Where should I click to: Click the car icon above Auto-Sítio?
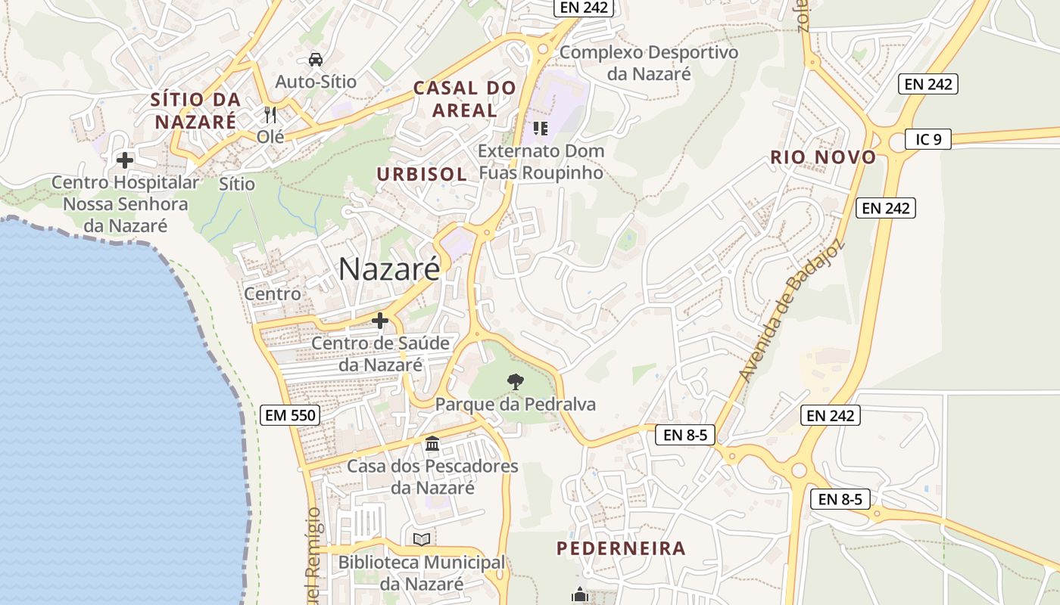[x=315, y=59]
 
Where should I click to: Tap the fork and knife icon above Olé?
[x=270, y=115]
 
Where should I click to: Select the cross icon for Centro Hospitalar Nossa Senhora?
[x=125, y=160]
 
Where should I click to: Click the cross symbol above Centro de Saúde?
[x=380, y=321]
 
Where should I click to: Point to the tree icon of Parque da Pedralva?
[x=516, y=381]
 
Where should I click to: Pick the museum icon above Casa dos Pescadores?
[x=432, y=443]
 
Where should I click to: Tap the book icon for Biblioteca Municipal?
[x=422, y=539]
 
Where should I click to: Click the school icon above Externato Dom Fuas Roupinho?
[x=540, y=128]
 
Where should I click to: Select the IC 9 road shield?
[x=927, y=139]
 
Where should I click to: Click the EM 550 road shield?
[x=290, y=414]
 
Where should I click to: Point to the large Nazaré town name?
[x=388, y=268]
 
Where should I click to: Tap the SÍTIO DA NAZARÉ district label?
[x=195, y=110]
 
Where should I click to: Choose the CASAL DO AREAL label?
[x=464, y=99]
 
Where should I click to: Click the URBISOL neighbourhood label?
[x=422, y=174]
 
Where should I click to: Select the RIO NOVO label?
[x=823, y=157]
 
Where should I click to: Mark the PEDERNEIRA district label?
[x=621, y=548]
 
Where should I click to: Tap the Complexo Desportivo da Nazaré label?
[x=648, y=63]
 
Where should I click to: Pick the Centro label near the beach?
[x=273, y=293]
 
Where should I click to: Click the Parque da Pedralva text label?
[x=515, y=405]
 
